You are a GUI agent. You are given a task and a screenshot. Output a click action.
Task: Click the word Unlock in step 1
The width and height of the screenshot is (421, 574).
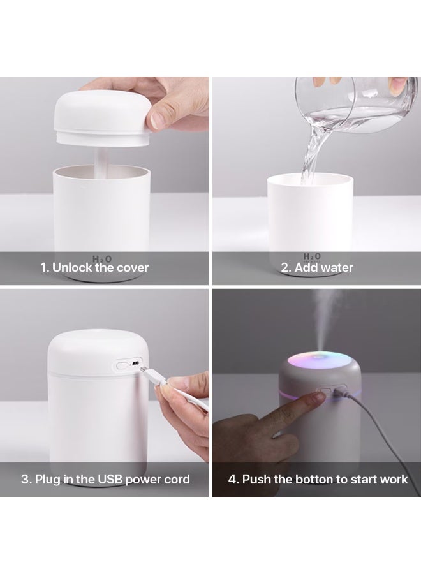pos(71,268)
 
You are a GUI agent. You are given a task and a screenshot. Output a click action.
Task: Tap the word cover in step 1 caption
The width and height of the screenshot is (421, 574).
pos(132,268)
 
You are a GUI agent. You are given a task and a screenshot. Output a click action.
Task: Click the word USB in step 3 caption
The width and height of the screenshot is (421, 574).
pos(109,479)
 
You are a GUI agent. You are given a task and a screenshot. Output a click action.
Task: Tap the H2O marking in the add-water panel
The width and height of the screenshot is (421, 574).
pos(313,257)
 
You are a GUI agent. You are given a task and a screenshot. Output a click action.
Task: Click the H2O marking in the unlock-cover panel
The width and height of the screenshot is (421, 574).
pos(102,258)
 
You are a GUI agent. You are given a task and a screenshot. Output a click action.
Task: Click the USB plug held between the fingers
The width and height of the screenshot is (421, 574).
pos(154,378)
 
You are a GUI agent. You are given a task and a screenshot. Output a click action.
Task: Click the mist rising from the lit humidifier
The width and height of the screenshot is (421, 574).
pos(325,319)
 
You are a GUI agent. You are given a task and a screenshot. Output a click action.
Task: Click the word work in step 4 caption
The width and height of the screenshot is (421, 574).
pos(394,479)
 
